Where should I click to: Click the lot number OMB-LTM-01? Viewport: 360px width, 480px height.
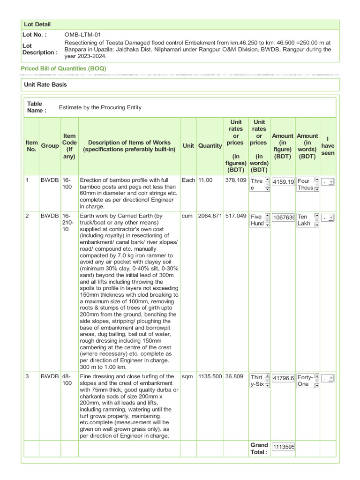pos(82,35)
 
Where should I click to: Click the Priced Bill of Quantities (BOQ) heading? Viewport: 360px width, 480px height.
pos(64,68)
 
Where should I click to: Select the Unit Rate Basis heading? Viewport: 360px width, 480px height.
pos(45,84)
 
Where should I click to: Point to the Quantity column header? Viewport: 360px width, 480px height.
pos(210,146)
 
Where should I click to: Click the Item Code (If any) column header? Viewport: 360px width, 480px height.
pos(69,146)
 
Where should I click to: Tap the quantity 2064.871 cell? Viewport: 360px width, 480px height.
pos(210,217)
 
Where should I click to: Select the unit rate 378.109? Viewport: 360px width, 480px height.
pos(236,180)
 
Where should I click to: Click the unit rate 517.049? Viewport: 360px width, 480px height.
pos(236,217)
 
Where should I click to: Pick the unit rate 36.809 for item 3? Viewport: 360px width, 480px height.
pos(236,376)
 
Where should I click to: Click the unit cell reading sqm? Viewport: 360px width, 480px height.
pos(187,376)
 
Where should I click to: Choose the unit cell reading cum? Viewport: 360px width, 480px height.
pos(187,217)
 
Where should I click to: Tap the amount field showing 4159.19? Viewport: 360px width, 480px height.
pos(283,182)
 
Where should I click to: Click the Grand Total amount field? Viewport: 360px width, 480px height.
pos(283,447)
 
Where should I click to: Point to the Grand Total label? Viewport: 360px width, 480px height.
pos(259,448)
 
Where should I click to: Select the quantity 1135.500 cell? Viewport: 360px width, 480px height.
pos(210,376)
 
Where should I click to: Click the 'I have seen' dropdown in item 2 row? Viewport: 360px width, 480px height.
pos(328,218)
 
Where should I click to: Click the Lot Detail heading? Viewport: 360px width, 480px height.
pos(37,24)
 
